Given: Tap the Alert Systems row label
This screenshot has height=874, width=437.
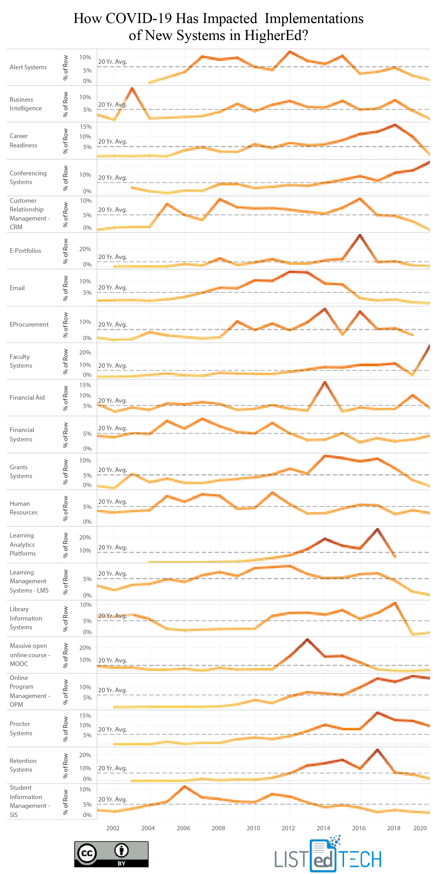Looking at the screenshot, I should click(28, 67).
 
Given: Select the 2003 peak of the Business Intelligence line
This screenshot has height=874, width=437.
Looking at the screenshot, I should click(132, 89).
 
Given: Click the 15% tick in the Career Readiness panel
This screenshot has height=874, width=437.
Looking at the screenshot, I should click(85, 126).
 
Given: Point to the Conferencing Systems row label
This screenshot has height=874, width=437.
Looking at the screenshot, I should click(28, 177).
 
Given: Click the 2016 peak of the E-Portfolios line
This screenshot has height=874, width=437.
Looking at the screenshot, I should click(360, 235).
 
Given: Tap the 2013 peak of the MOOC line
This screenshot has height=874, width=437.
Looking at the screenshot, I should click(307, 639).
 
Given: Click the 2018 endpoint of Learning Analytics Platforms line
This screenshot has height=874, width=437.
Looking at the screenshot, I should click(394, 556).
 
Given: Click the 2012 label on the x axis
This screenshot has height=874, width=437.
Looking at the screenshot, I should click(288, 828).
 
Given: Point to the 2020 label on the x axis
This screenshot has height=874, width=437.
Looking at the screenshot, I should click(420, 828).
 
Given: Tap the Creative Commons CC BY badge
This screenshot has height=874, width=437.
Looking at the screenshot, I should click(111, 854).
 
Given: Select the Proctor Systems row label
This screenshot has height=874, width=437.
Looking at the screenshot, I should click(21, 728).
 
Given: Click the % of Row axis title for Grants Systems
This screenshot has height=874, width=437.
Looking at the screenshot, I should click(66, 472).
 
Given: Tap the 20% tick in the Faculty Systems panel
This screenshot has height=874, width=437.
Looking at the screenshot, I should click(85, 353).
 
